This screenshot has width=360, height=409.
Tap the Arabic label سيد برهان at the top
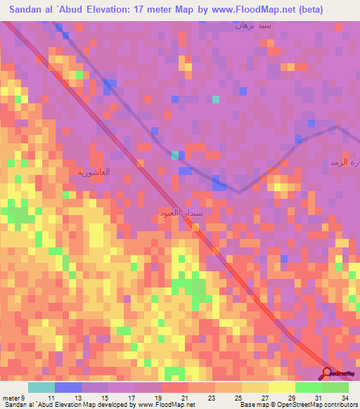point(252,25)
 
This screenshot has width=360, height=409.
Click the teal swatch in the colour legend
point(41,387)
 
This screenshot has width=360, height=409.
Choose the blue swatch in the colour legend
point(67,387)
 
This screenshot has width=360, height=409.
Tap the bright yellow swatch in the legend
point(281,387)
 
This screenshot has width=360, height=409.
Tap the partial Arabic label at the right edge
point(344,163)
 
